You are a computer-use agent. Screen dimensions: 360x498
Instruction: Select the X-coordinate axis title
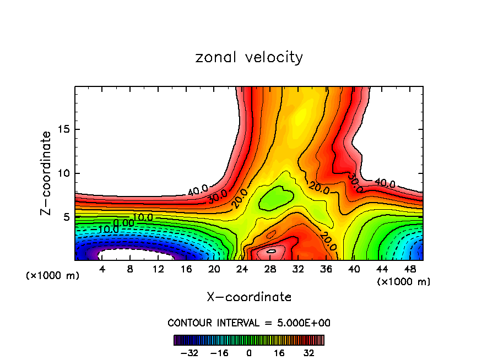(249, 297)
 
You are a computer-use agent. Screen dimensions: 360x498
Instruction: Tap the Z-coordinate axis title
(47, 173)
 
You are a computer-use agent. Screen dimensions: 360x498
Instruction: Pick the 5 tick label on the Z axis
(69, 217)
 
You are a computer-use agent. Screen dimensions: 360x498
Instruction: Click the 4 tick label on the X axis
(102, 269)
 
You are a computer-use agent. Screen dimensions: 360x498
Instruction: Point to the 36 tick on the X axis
(326, 269)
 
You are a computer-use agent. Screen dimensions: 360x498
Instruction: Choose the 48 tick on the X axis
(410, 269)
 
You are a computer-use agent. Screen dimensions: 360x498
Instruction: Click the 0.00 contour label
(124, 222)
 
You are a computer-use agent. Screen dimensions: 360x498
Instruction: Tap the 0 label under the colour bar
(249, 352)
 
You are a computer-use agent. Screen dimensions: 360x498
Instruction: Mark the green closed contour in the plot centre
(277, 197)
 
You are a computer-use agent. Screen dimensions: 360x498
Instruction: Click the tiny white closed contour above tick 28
(271, 251)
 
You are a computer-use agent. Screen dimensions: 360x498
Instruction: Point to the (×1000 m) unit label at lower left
(53, 275)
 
